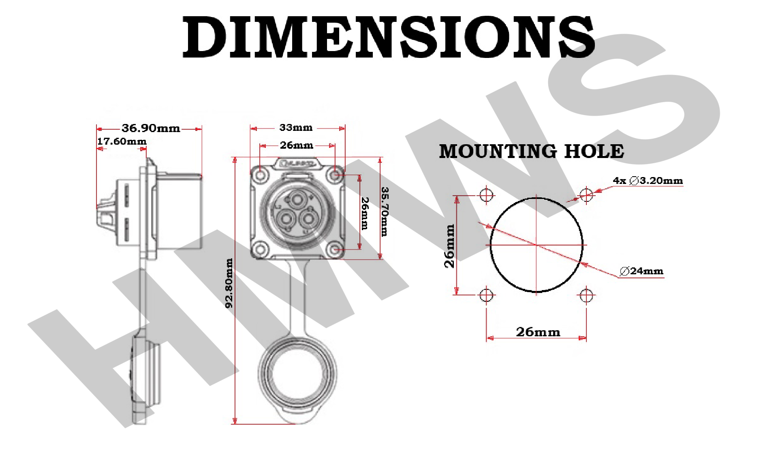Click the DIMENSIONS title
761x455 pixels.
pyautogui.click(x=389, y=37)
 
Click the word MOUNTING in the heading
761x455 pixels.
pyautogui.click(x=498, y=152)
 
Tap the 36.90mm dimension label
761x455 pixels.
pyautogui.click(x=151, y=128)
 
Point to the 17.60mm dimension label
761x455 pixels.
pyautogui.click(x=122, y=141)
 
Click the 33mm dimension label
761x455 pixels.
pyautogui.click(x=296, y=128)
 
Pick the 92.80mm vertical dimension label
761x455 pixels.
pyautogui.click(x=229, y=283)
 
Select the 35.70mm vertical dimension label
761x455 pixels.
pyautogui.click(x=385, y=211)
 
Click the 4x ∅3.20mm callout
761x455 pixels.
pyautogui.click(x=648, y=181)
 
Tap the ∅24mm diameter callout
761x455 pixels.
pyautogui.click(x=641, y=271)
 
